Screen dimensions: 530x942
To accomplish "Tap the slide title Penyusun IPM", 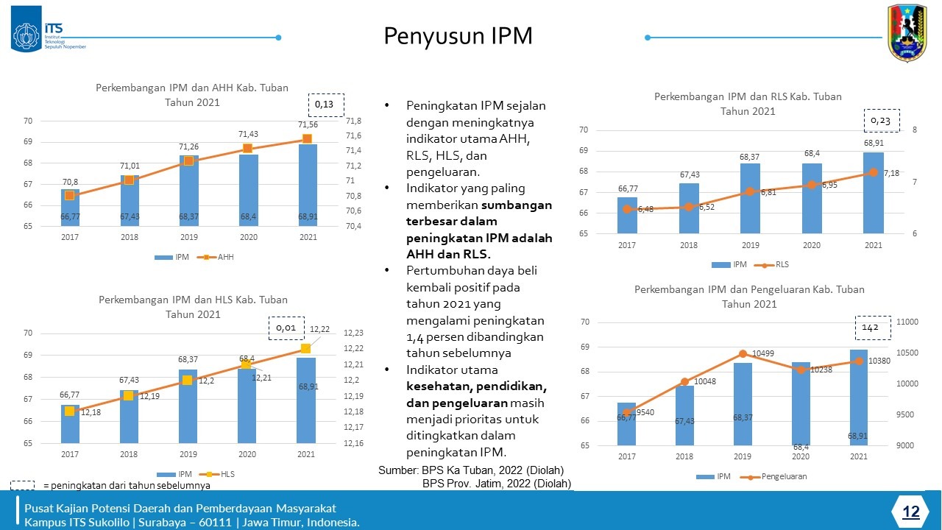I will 458,36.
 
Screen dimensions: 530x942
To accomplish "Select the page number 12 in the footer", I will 911,512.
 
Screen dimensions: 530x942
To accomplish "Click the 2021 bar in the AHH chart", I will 308,185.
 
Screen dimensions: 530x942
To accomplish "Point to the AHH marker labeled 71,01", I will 130,180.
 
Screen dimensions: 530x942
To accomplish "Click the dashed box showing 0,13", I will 325,105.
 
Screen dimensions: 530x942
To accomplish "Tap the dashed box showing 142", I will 871,327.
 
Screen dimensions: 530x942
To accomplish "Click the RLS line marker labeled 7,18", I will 874,172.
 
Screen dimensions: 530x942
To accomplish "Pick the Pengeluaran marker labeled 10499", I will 743,354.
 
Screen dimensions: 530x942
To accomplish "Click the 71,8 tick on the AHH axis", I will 353,121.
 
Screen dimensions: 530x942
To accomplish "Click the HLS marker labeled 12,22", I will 305,348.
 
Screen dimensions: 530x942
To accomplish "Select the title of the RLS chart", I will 748,104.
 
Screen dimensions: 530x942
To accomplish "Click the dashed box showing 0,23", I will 880,121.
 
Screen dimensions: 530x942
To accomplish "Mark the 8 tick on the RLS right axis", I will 915,130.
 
